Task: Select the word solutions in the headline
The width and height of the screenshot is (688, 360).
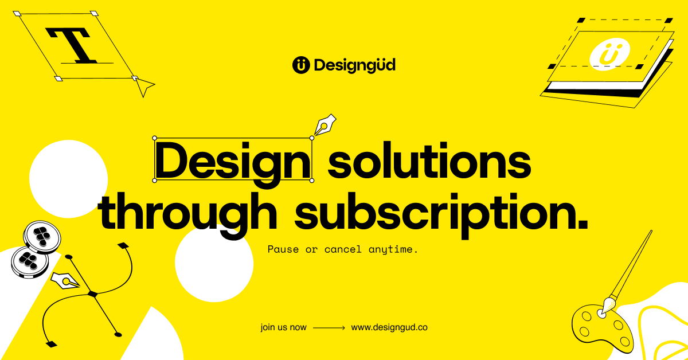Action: (x=429, y=162)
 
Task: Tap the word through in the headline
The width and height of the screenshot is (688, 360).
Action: (x=189, y=213)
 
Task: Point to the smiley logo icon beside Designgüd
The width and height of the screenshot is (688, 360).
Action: (x=301, y=65)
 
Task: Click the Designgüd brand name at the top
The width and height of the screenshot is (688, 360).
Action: (x=354, y=65)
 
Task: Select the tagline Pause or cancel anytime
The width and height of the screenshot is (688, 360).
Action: (x=343, y=250)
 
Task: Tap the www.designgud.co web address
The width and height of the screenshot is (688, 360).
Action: (x=389, y=328)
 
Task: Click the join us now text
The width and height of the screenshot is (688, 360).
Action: (x=283, y=328)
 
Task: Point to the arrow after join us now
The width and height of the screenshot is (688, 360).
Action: (x=329, y=328)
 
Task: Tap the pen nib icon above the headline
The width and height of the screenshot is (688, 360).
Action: (x=325, y=124)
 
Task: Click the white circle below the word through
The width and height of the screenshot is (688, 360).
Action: (x=214, y=264)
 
